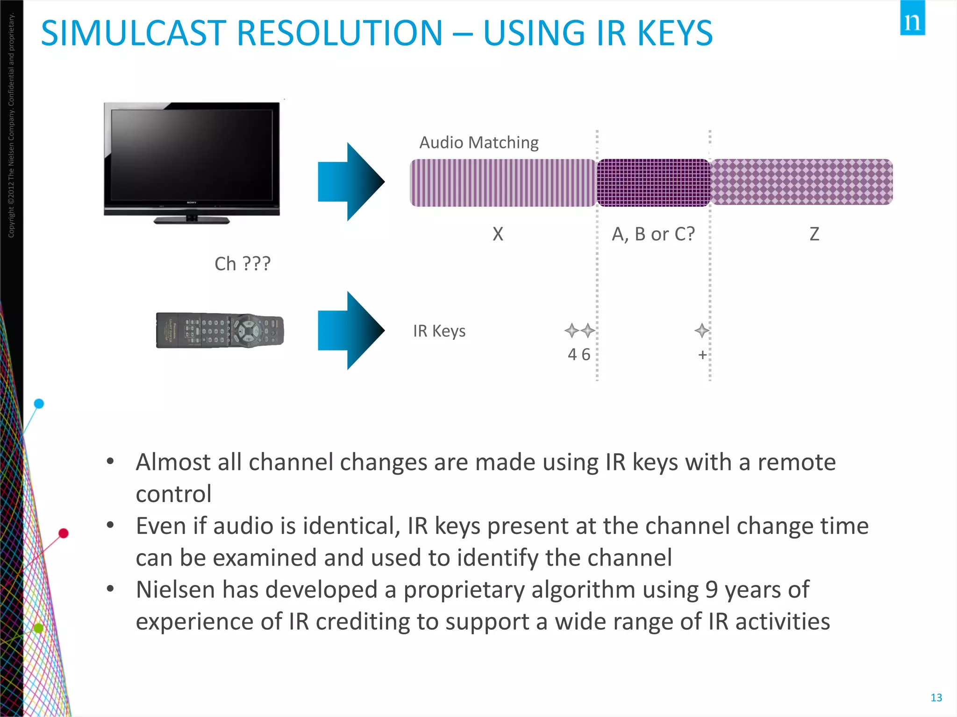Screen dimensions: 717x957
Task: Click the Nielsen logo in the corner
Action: [x=912, y=19]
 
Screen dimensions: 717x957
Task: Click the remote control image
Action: [x=220, y=330]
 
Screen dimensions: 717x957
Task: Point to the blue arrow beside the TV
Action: [x=350, y=182]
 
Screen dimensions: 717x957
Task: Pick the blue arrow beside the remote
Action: [x=350, y=330]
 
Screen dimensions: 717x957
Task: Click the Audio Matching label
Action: [x=479, y=142]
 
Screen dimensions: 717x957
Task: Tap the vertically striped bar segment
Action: [x=503, y=183]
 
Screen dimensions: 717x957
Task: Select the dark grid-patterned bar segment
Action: [x=653, y=183]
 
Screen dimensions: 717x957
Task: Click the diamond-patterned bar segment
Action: [x=801, y=182]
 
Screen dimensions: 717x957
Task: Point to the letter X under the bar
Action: [x=498, y=234]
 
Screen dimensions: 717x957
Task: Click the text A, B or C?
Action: [x=653, y=234]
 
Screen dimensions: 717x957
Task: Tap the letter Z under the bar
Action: [x=814, y=234]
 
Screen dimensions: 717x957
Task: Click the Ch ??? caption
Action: [x=242, y=264]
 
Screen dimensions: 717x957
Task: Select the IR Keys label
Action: [x=439, y=331]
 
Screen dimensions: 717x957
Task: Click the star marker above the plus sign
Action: [x=701, y=330]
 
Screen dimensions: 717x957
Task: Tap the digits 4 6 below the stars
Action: [x=579, y=355]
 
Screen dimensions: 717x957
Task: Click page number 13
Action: [x=936, y=697]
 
